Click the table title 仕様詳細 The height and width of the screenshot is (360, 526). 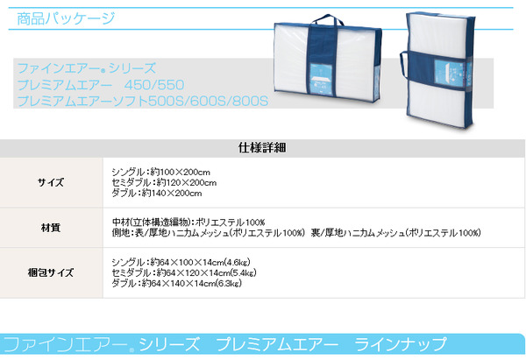[262, 148]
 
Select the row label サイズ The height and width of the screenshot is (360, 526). [49, 182]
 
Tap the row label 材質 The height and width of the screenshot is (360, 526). [49, 227]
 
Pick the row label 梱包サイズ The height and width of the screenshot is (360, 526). [49, 272]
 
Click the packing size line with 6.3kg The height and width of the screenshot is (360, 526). [178, 283]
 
